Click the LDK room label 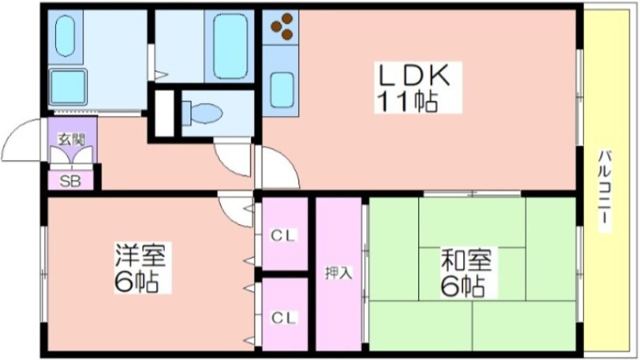pyautogui.click(x=414, y=75)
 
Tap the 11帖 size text pyautogui.click(x=407, y=102)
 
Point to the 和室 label pyautogui.click(x=466, y=259)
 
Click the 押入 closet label pyautogui.click(x=338, y=273)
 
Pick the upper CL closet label pyautogui.click(x=283, y=235)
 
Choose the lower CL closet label pyautogui.click(x=283, y=318)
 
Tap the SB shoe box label pyautogui.click(x=70, y=182)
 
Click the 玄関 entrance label pyautogui.click(x=71, y=139)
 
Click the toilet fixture pyautogui.click(x=202, y=113)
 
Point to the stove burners pyautogui.click(x=282, y=26)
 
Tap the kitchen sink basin pyautogui.click(x=282, y=90)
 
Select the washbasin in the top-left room pyautogui.click(x=65, y=36)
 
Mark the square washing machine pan pyautogui.click(x=68, y=87)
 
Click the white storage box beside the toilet pyautogui.click(x=165, y=113)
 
